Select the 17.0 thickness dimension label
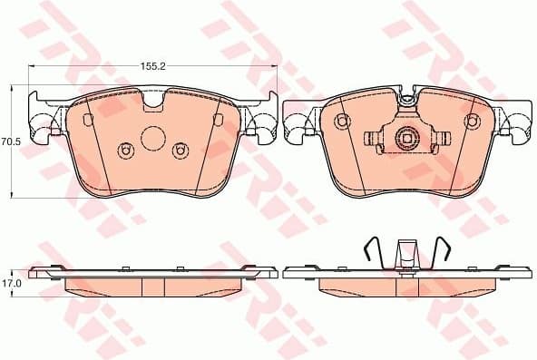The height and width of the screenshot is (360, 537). click(10, 284)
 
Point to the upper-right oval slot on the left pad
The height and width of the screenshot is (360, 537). click(218, 121)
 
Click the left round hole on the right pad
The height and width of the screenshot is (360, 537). click(342, 122)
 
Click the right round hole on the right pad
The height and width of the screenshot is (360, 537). click(471, 122)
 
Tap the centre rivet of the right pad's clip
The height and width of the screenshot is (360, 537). click(406, 139)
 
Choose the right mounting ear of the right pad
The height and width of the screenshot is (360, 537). click(519, 122)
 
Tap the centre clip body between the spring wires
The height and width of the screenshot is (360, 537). click(405, 255)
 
